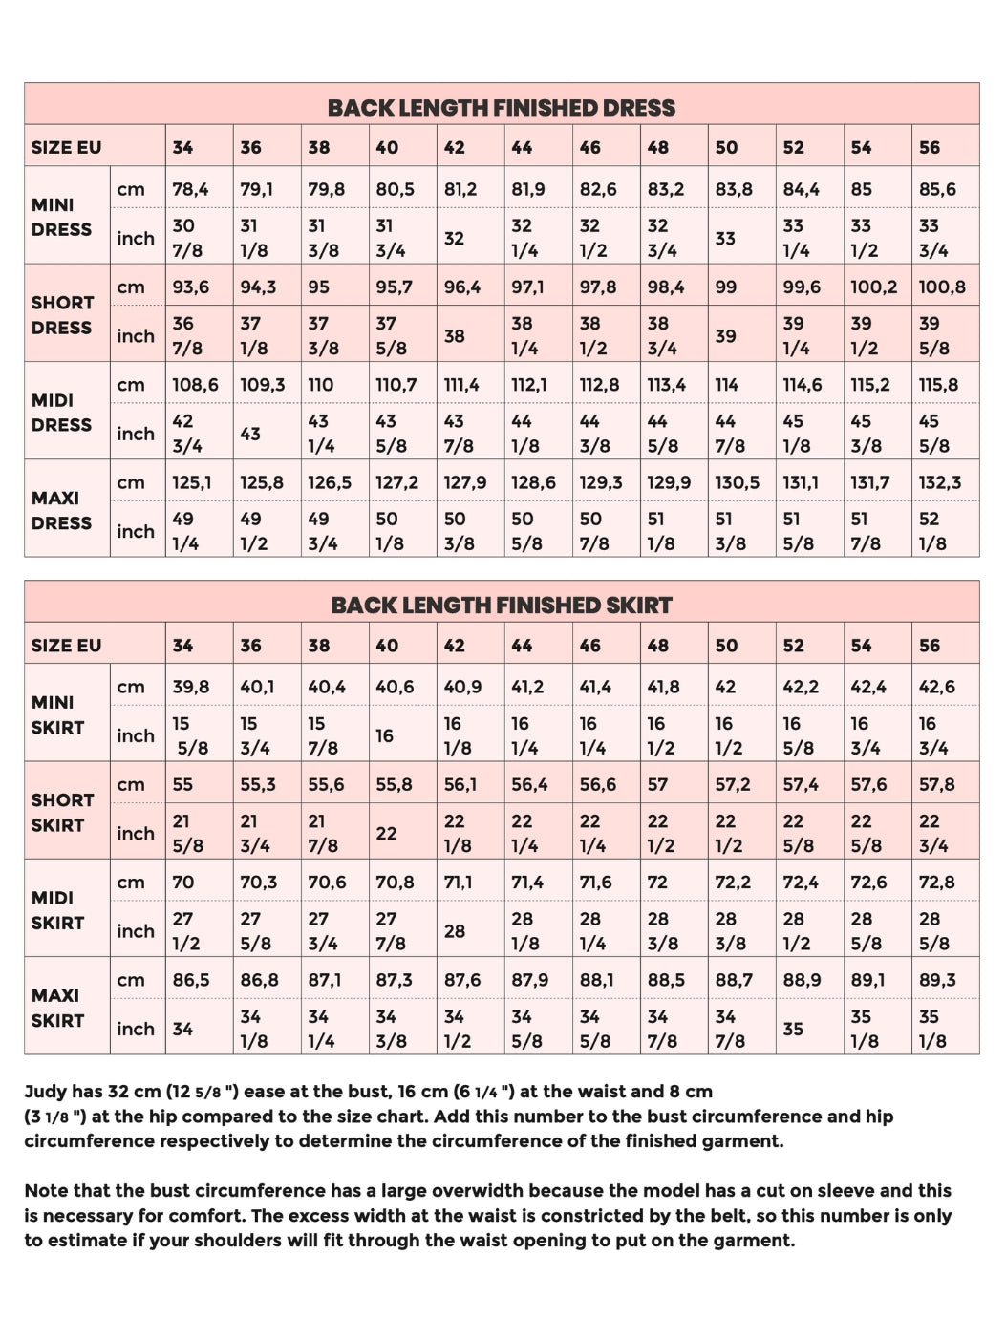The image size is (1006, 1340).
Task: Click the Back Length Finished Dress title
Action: (502, 107)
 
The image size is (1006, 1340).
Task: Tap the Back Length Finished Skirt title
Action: (502, 605)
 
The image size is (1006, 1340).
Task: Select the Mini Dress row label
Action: (61, 217)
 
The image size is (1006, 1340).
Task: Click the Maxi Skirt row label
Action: (57, 1008)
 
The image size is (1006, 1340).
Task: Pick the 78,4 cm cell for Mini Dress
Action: (190, 189)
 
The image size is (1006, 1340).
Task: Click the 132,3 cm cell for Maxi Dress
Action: (940, 482)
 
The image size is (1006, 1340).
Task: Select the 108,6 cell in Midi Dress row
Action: (195, 385)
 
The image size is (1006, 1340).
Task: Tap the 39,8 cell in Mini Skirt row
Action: (191, 687)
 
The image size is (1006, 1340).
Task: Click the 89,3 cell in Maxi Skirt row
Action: (937, 980)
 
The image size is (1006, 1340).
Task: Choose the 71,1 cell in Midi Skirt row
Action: (458, 883)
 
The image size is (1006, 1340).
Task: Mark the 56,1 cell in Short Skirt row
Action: (460, 784)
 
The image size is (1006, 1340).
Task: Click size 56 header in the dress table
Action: (930, 147)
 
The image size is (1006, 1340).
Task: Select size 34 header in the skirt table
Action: (182, 645)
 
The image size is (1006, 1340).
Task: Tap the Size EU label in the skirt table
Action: (66, 645)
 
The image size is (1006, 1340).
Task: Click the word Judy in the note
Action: (45, 1091)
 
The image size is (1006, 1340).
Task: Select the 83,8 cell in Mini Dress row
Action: (734, 189)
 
